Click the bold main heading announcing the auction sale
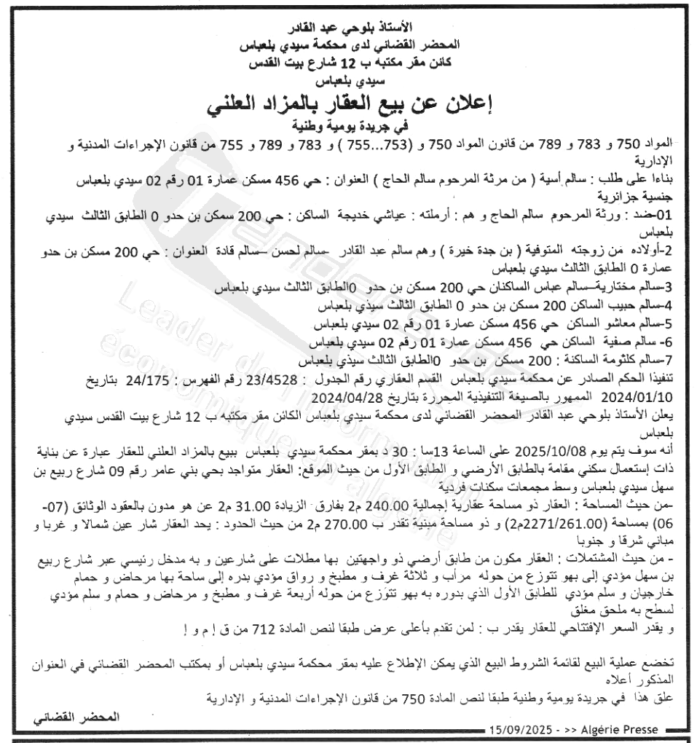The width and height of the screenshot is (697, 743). pyautogui.click(x=348, y=103)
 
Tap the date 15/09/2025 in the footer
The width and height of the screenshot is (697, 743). pyautogui.click(x=519, y=729)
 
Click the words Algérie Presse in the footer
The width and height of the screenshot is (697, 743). pyautogui.click(x=621, y=729)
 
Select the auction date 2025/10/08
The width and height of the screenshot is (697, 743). pyautogui.click(x=553, y=450)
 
